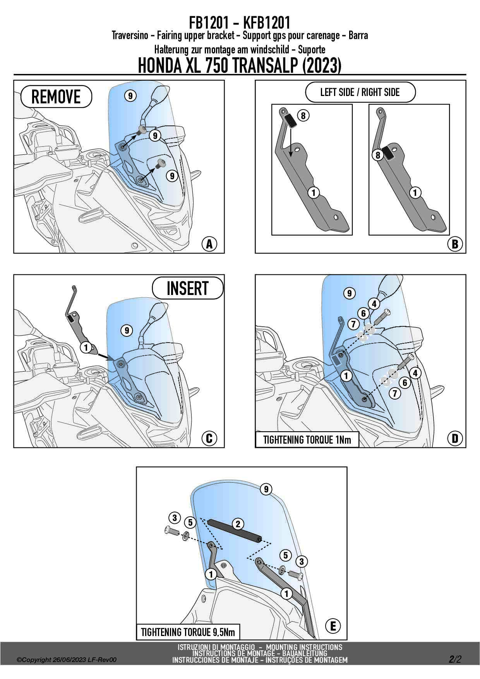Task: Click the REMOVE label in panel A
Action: (56, 97)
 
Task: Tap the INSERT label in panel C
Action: (188, 288)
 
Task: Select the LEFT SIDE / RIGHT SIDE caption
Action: (360, 92)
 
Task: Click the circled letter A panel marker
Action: (209, 244)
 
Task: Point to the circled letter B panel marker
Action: (455, 244)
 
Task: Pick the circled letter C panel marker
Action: (209, 438)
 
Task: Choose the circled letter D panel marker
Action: (455, 438)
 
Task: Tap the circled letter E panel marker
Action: (333, 626)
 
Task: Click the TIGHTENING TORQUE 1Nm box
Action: (307, 440)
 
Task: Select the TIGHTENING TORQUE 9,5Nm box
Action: (188, 632)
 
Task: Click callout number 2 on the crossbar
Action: (238, 524)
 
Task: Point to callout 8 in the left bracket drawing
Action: (303, 115)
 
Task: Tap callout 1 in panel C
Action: (86, 347)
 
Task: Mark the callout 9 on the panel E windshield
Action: (266, 489)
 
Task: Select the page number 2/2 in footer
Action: (455, 659)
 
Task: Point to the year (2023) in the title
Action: (321, 65)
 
